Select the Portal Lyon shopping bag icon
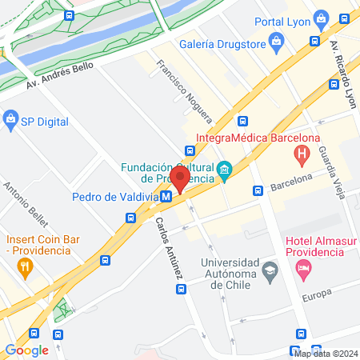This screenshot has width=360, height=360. click(321, 18)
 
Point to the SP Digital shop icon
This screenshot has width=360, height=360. click(10, 122)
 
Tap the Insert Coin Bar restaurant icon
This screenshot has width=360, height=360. click(25, 266)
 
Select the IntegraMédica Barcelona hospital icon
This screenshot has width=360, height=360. click(302, 153)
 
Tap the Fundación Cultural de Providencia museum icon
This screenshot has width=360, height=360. click(225, 168)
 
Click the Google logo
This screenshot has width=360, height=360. click(26, 350)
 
